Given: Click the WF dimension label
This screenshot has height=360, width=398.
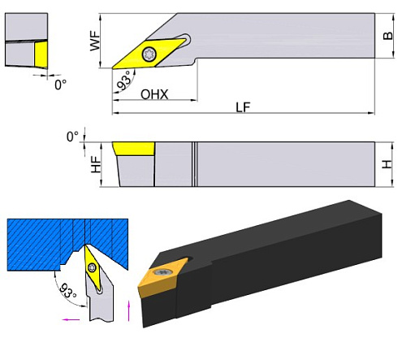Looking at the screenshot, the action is [x=95, y=41].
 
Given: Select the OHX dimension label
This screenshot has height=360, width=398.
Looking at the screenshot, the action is [x=154, y=94].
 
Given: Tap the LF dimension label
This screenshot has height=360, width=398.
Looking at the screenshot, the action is [x=243, y=107].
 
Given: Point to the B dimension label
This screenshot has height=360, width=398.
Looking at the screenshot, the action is [x=387, y=36].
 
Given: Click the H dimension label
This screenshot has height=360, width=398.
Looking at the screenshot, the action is [x=387, y=164].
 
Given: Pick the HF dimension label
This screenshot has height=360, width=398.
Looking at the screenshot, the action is [x=96, y=164].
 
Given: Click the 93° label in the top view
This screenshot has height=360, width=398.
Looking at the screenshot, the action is [x=125, y=80].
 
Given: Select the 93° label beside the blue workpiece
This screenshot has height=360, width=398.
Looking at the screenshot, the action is [x=67, y=290].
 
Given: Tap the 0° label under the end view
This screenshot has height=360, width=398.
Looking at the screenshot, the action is [x=60, y=85].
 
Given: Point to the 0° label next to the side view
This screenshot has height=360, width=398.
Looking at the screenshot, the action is [x=72, y=137].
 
